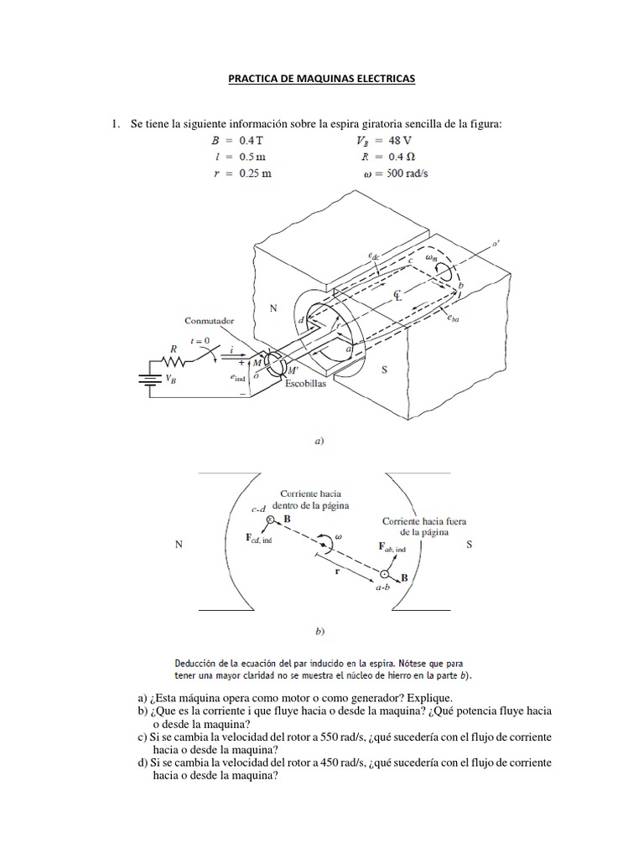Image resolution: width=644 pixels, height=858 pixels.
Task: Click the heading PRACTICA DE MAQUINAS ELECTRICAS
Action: [322, 79]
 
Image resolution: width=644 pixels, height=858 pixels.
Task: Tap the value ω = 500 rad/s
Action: [390, 173]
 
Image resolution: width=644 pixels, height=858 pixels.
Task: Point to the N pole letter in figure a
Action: [273, 308]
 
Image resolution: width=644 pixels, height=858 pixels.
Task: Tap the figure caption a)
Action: [319, 439]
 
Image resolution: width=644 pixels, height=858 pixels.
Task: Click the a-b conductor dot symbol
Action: [384, 575]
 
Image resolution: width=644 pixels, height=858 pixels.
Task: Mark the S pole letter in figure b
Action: [470, 545]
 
